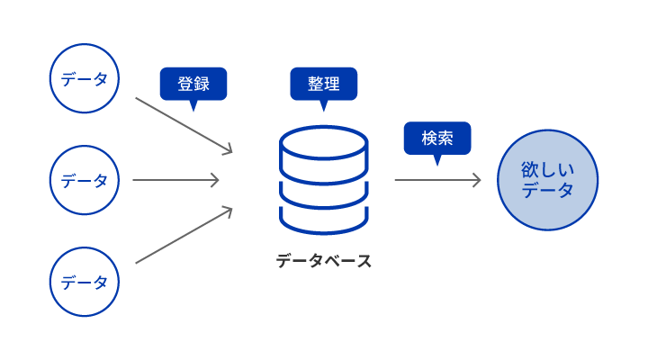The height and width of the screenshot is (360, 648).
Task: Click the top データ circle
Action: pos(85,79)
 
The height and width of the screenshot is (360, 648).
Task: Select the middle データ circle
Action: pos(85,180)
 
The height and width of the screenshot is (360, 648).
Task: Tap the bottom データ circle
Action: pos(85,282)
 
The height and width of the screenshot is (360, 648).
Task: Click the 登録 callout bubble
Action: pos(193,84)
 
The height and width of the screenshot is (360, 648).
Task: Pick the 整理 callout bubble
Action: pos(324,84)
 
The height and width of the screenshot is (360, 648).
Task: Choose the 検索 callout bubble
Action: pos(436,138)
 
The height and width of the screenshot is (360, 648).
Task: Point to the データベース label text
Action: pos(323,261)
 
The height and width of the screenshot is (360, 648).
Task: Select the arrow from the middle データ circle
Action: pos(175,180)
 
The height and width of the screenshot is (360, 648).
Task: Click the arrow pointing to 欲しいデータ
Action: pos(437,180)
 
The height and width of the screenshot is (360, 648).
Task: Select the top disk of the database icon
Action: pos(324,143)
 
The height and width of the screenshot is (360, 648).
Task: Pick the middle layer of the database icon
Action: pos(324,192)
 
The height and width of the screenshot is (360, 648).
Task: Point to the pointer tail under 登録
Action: pos(193,105)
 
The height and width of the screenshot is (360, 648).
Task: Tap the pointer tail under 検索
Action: pos(437,159)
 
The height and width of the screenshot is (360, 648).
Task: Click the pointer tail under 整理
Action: pos(324,105)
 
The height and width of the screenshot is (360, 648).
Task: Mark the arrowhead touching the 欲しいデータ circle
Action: pos(476,180)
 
